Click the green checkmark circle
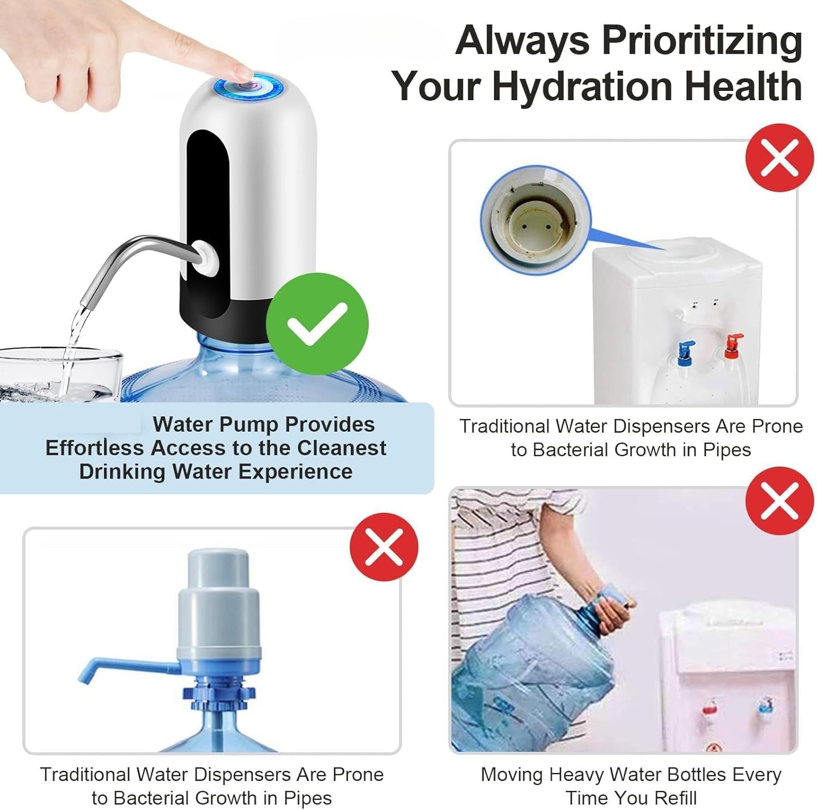pyautogui.click(x=317, y=324)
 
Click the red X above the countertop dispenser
pyautogui.click(x=779, y=158)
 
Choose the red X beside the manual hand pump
pyautogui.click(x=384, y=547)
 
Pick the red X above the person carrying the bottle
pyautogui.click(x=779, y=501)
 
